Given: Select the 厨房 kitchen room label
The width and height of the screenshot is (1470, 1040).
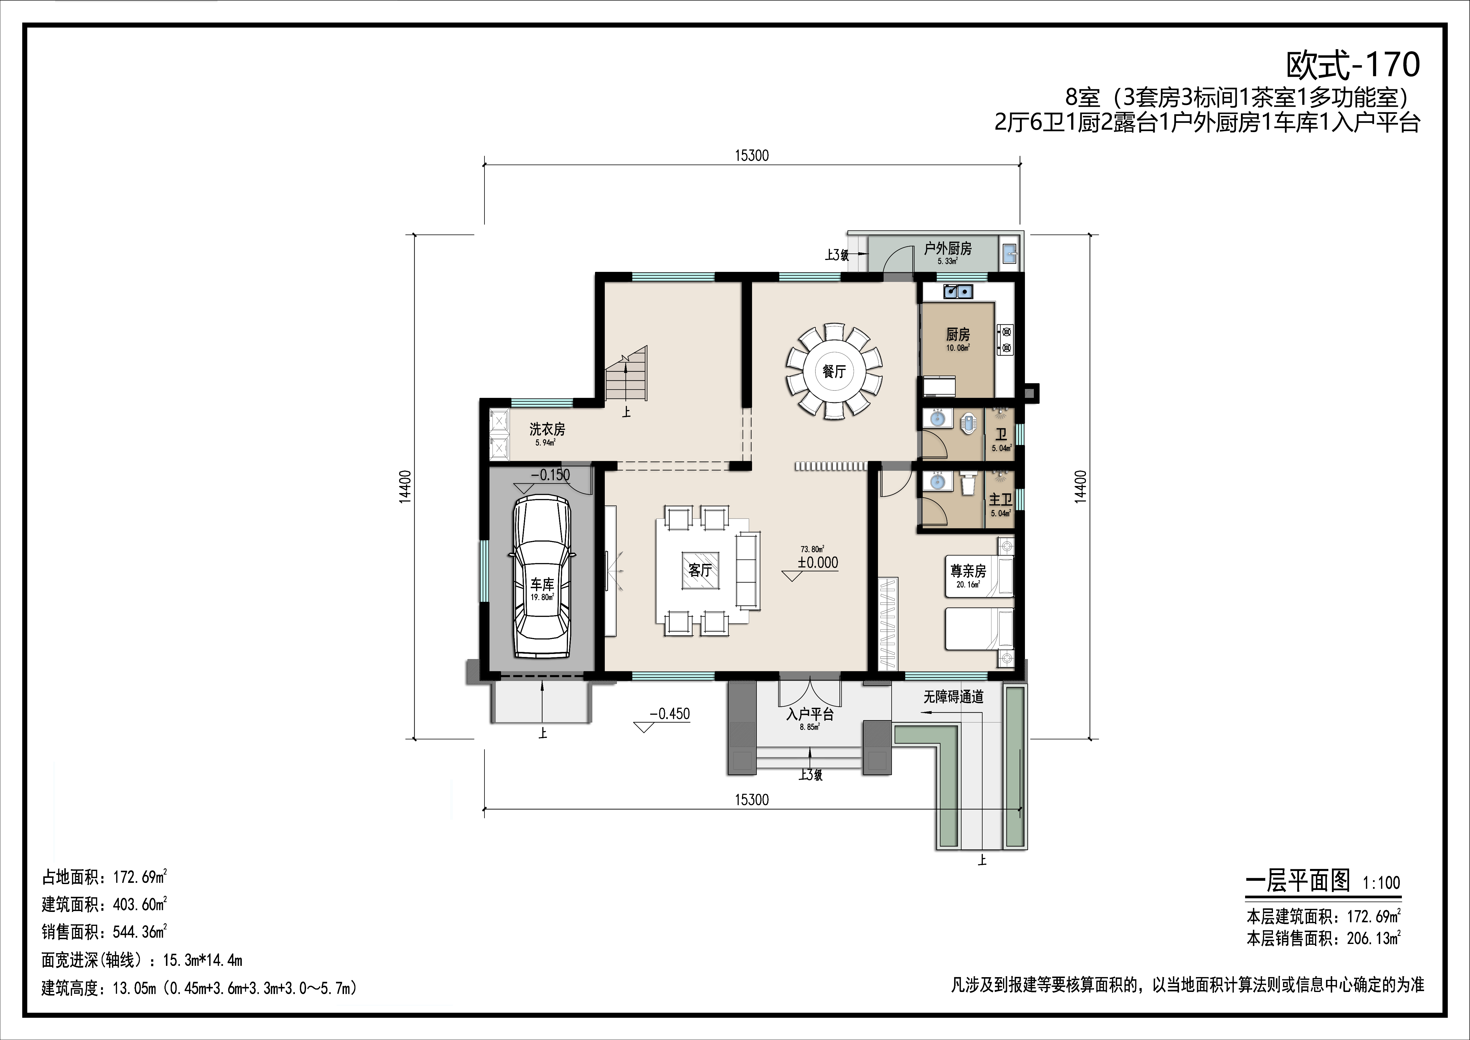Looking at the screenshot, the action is click(x=958, y=334).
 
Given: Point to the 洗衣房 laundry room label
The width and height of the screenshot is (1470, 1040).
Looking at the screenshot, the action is click(x=547, y=429).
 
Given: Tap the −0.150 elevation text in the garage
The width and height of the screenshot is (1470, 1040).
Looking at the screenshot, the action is click(x=551, y=475).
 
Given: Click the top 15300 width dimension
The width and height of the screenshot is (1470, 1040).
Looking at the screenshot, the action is click(x=752, y=156).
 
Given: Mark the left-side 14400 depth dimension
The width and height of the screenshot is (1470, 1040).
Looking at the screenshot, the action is click(x=405, y=487).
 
